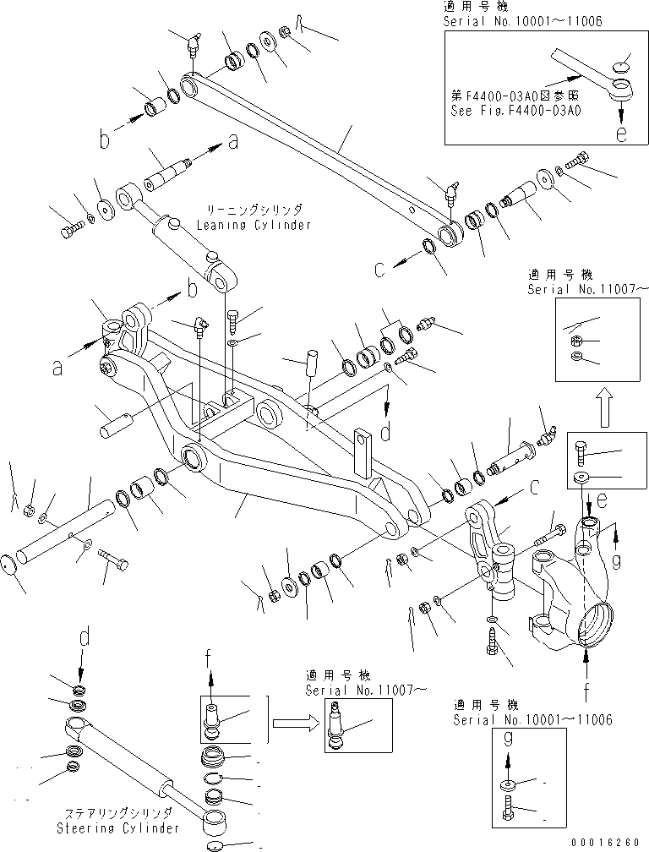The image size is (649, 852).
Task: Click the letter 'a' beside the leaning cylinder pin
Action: pos(232,143)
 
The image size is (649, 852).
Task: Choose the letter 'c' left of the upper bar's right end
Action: pos(380,270)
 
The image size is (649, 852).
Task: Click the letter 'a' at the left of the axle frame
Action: pos(56,368)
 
